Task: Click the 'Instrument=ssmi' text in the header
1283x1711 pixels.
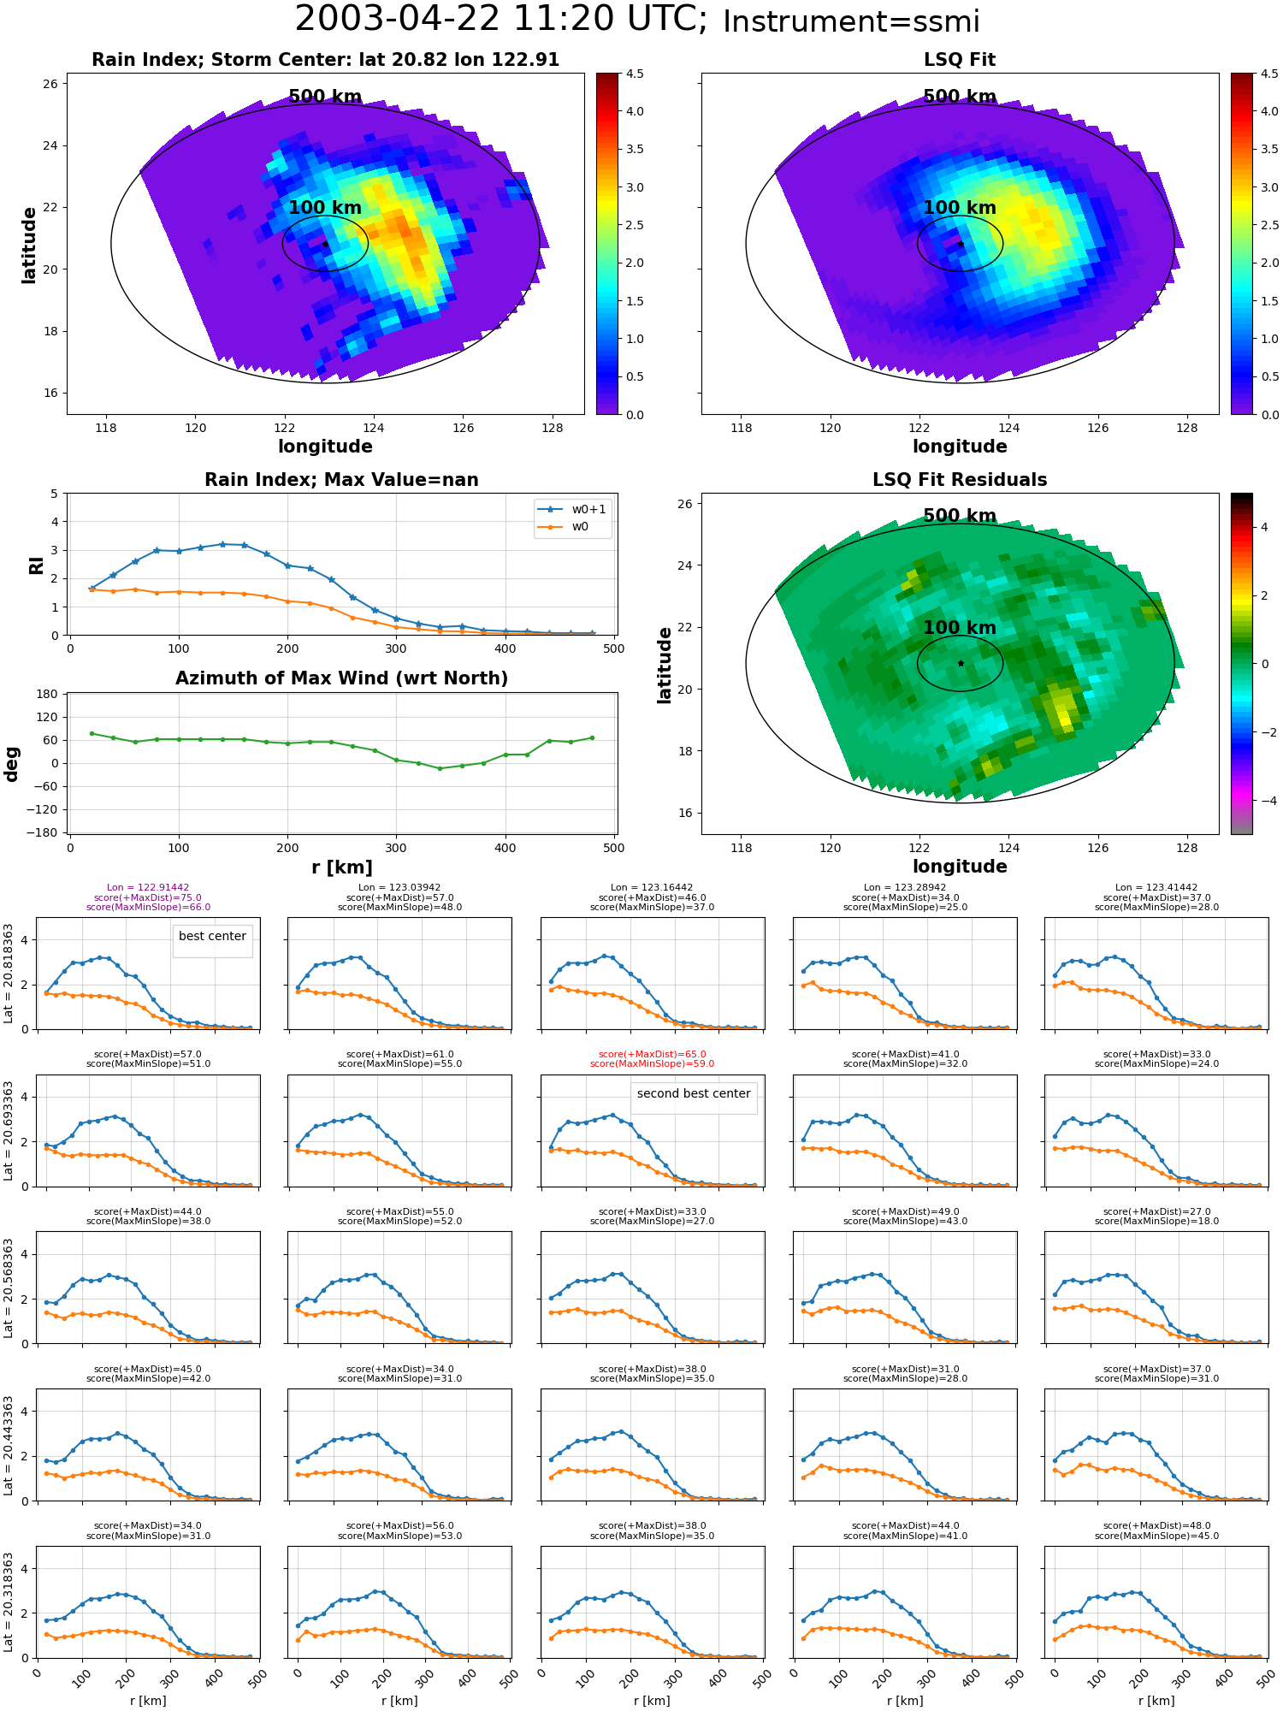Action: [851, 21]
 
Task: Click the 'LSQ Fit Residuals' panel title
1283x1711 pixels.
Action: [960, 480]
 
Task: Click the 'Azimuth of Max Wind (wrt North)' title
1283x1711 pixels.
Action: [341, 678]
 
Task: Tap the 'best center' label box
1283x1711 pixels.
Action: [212, 937]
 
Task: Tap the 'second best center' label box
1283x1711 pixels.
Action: [694, 1094]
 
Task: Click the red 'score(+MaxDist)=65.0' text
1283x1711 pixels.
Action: [652, 1055]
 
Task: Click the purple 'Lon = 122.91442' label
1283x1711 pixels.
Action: [148, 888]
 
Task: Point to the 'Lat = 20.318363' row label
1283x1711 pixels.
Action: [9, 1602]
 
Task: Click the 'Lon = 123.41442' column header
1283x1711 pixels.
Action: [1156, 888]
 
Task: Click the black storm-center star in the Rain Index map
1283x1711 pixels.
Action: [325, 244]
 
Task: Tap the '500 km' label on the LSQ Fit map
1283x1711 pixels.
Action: [960, 97]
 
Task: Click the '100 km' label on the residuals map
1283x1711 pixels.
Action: [960, 628]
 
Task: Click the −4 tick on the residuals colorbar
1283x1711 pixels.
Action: [1264, 801]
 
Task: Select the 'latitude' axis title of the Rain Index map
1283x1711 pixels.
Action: [29, 245]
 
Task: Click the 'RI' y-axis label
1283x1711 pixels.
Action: [36, 565]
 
